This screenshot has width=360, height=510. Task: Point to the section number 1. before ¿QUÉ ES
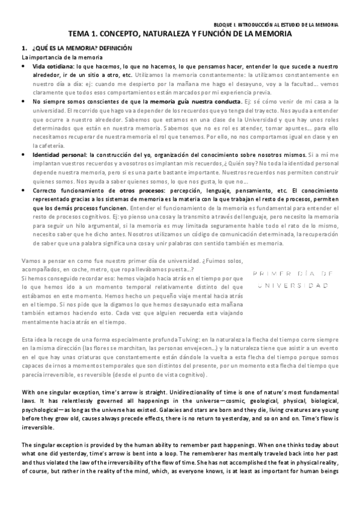[x=24, y=48]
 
